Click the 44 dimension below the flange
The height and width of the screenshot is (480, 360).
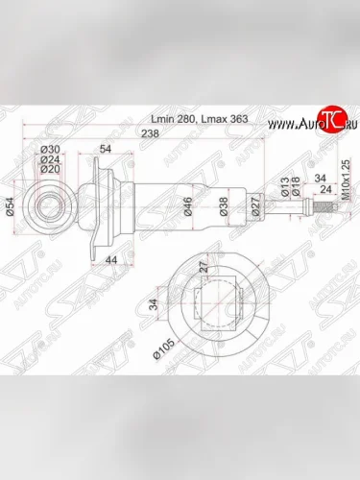[112, 260]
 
